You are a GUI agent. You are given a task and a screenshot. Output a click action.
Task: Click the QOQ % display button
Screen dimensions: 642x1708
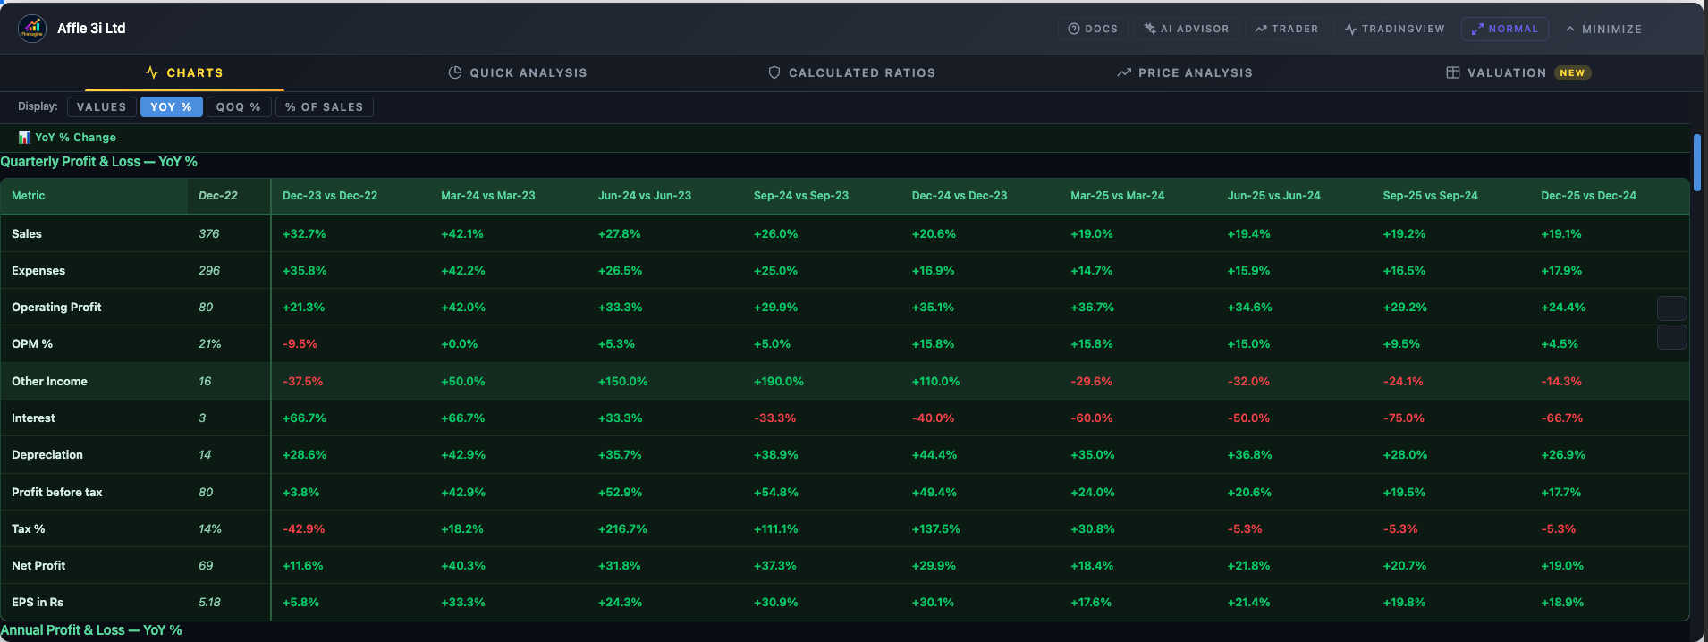coord(238,107)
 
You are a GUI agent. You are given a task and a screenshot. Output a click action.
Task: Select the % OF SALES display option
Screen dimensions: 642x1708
coord(324,107)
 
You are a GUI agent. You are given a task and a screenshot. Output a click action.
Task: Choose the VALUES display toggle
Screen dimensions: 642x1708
coord(101,107)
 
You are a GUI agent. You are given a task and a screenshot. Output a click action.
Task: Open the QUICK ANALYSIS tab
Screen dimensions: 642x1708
coord(518,73)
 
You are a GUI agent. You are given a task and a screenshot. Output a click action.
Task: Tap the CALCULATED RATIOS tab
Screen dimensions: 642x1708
coord(851,73)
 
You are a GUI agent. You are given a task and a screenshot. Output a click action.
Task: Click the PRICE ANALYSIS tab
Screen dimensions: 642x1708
coord(1185,73)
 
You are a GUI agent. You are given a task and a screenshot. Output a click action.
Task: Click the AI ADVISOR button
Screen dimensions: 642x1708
coord(1187,29)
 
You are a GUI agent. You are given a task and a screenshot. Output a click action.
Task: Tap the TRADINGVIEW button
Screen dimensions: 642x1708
coord(1395,29)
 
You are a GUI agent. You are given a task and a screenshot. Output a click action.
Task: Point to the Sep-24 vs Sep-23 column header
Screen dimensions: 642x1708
coord(800,196)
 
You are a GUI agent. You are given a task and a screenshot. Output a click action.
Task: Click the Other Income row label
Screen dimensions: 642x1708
coord(49,382)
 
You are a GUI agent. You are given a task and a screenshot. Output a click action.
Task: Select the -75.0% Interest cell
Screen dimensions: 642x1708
coord(1403,418)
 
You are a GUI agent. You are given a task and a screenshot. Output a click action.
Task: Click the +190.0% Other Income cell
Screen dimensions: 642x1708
coord(778,382)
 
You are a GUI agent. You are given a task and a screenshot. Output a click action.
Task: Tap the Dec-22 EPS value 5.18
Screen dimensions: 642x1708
coord(209,603)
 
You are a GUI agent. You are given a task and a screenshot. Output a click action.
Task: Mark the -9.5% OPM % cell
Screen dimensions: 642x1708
coord(300,344)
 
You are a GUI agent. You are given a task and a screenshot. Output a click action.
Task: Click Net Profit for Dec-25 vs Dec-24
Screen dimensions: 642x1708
coord(1561,566)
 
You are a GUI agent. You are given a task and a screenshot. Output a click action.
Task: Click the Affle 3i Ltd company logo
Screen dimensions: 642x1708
coord(32,29)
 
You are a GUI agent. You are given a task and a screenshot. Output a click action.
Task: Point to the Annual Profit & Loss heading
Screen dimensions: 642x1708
coord(91,630)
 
